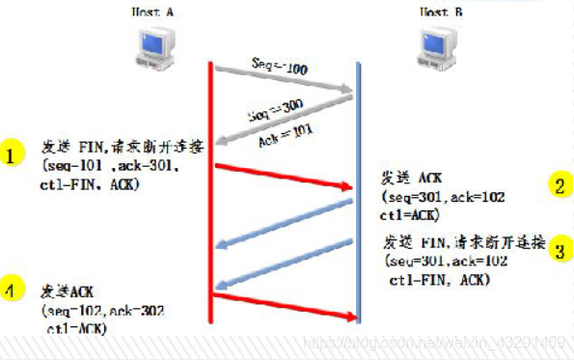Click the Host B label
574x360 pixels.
pyautogui.click(x=442, y=12)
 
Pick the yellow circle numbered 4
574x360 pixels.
pyautogui.click(x=11, y=289)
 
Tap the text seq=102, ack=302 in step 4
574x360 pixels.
pyautogui.click(x=101, y=312)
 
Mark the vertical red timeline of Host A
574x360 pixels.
pyautogui.click(x=210, y=193)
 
